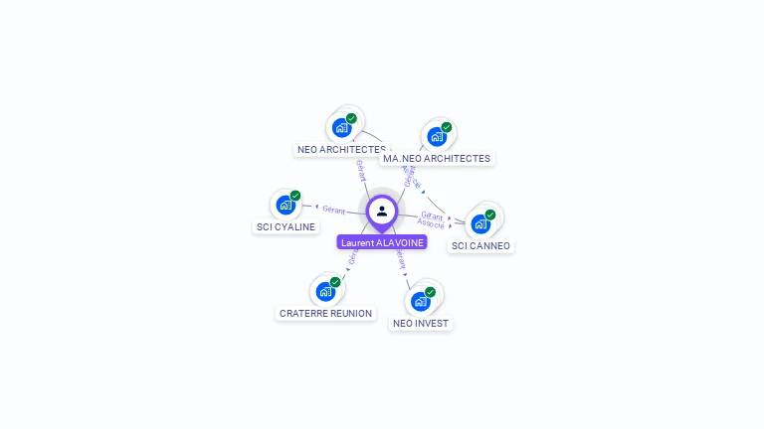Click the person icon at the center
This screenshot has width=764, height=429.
pyautogui.click(x=382, y=211)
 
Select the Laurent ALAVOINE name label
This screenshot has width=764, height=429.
pyautogui.click(x=382, y=242)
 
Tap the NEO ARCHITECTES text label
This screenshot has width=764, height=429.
pyautogui.click(x=341, y=150)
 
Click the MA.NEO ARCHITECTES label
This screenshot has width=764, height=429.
pyautogui.click(x=437, y=158)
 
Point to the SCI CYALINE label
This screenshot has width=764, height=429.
pyautogui.click(x=286, y=226)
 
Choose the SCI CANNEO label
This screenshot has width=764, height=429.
pyautogui.click(x=480, y=245)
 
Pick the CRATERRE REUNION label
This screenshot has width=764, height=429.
pyautogui.click(x=326, y=313)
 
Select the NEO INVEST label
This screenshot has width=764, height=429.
pyautogui.click(x=421, y=323)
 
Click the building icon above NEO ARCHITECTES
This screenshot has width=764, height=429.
pyautogui.click(x=341, y=127)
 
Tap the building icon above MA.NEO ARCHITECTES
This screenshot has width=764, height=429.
pyautogui.click(x=436, y=136)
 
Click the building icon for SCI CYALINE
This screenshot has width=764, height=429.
pyautogui.click(x=286, y=205)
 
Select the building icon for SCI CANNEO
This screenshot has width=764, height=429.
pyautogui.click(x=480, y=223)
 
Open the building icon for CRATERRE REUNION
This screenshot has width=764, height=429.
pyautogui.click(x=324, y=291)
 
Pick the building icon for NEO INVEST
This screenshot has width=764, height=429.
pyautogui.click(x=421, y=300)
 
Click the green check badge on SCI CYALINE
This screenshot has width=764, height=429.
pyautogui.click(x=295, y=196)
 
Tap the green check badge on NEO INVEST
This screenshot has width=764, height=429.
pyautogui.click(x=431, y=291)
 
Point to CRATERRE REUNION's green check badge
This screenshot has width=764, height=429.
pyautogui.click(x=335, y=282)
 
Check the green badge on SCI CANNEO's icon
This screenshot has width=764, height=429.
pyautogui.click(x=490, y=214)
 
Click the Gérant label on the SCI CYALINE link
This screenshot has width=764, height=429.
pyautogui.click(x=333, y=210)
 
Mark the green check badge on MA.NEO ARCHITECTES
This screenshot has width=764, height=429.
pyautogui.click(x=447, y=127)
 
